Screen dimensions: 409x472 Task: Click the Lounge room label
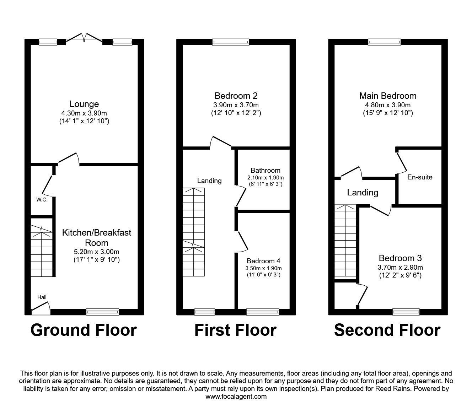[84, 104]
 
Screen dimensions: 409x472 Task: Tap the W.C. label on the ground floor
[42, 200]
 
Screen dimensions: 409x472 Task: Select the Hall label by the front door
[42, 297]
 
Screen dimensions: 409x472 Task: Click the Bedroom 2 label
[236, 96]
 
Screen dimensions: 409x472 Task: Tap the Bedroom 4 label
[263, 261]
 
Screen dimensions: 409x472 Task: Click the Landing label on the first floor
[209, 181]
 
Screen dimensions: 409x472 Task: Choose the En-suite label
[420, 177]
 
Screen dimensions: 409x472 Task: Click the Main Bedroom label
[388, 96]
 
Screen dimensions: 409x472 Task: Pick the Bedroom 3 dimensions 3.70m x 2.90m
[400, 267]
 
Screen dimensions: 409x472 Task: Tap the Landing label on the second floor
[363, 193]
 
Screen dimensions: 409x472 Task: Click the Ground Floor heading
[84, 330]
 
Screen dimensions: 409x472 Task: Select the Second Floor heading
[387, 330]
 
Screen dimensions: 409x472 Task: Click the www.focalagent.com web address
[236, 396]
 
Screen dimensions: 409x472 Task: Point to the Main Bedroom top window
[384, 42]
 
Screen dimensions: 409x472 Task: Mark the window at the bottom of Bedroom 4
[263, 312]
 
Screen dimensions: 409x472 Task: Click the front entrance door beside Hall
[40, 309]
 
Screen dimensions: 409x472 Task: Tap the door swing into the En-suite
[402, 162]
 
